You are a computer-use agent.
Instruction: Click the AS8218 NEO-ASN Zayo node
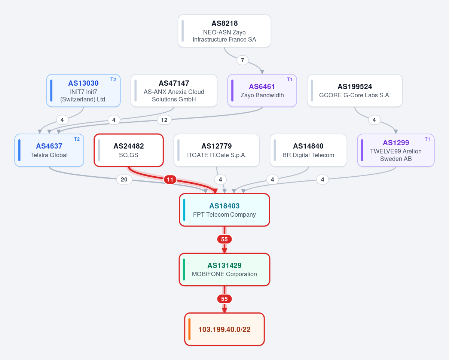(224, 31)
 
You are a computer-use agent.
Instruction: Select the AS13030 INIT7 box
(83, 91)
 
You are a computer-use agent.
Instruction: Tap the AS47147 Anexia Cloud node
(174, 91)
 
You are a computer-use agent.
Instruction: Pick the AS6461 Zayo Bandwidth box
(262, 91)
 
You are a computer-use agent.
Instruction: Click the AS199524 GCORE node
(355, 91)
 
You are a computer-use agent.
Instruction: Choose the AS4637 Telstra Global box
(49, 150)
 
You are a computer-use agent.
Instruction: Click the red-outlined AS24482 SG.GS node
(128, 150)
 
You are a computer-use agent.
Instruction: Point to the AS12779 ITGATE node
(217, 150)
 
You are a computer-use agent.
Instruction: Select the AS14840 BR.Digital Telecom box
(308, 150)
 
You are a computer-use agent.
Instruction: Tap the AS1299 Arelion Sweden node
(396, 150)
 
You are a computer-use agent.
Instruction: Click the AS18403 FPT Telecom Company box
(224, 210)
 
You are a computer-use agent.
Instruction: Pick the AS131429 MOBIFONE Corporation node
(224, 269)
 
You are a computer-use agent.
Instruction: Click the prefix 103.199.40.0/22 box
(224, 329)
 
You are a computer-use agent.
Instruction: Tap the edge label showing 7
(242, 60)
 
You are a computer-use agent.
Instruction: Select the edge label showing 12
(164, 120)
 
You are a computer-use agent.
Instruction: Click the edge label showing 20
(124, 180)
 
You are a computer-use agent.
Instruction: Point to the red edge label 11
(170, 180)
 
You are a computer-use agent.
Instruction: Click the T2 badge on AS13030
(113, 79)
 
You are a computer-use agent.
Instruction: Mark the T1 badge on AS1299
(427, 139)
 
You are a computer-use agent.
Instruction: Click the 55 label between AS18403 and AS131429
(224, 239)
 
